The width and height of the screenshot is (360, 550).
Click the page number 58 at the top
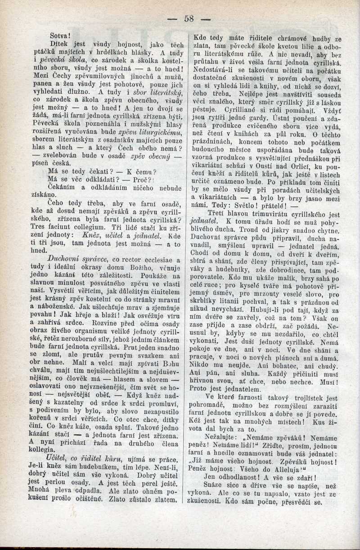[189, 18]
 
